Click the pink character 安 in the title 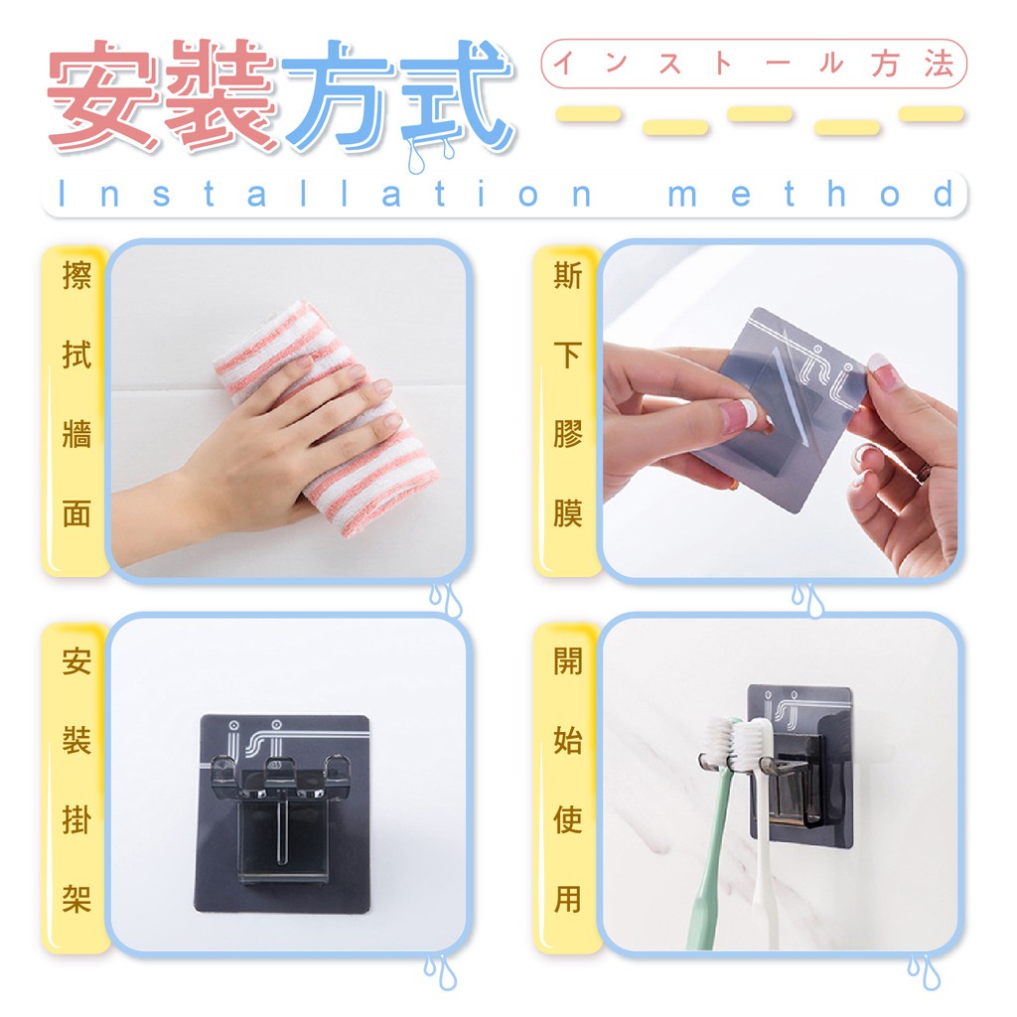(x=102, y=96)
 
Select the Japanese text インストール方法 (x=754, y=64)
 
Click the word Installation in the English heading (x=325, y=194)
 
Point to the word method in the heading (x=811, y=194)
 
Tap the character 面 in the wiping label (x=75, y=513)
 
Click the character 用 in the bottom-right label (x=567, y=899)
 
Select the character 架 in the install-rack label (x=75, y=899)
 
